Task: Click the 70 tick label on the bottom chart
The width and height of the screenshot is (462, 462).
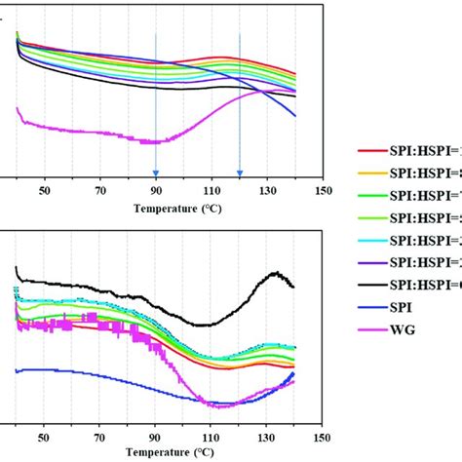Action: (x=99, y=439)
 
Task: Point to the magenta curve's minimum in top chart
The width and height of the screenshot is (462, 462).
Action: (x=153, y=143)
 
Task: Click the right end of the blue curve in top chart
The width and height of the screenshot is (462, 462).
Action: (x=295, y=116)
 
